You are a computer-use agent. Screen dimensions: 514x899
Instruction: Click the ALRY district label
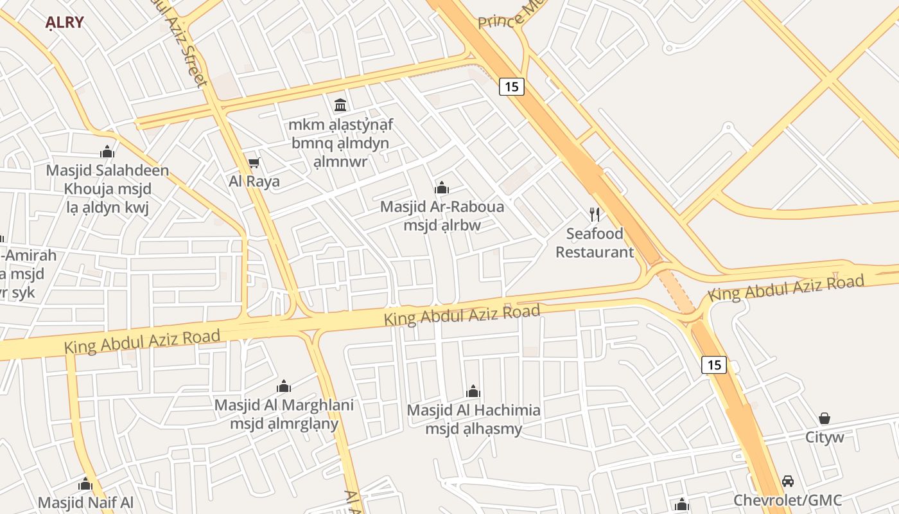[x=64, y=22]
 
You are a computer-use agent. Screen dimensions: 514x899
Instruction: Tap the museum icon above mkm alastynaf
[x=340, y=104]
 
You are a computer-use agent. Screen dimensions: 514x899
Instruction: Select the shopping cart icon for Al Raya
[x=254, y=163]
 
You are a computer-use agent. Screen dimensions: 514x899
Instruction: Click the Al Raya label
[x=254, y=181]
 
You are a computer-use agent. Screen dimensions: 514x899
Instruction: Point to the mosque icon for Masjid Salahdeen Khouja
[x=107, y=152]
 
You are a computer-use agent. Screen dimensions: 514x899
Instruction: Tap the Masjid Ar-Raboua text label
[x=442, y=207]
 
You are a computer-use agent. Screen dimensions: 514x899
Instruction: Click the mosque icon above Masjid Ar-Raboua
[x=442, y=188]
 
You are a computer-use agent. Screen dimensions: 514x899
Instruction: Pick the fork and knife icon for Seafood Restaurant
[x=595, y=215]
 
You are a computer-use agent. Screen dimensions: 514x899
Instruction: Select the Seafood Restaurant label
[x=595, y=243]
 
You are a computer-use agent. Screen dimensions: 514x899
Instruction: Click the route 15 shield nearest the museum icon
[x=512, y=86]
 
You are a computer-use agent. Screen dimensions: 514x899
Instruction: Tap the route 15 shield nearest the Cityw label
[x=713, y=365]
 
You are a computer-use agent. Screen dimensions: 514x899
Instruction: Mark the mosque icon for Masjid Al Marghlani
[x=283, y=386]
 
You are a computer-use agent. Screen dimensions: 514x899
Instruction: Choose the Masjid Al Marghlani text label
[x=284, y=405]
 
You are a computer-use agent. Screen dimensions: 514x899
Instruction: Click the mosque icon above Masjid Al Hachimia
[x=473, y=391]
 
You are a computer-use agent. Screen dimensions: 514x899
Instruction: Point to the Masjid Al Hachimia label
[x=474, y=410]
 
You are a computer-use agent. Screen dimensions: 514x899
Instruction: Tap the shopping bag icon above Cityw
[x=825, y=418]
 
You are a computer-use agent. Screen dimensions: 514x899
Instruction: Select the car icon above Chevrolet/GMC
[x=788, y=481]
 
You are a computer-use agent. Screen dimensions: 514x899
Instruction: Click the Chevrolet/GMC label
[x=788, y=500]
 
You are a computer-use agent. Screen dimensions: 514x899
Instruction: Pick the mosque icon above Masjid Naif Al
[x=85, y=484]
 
